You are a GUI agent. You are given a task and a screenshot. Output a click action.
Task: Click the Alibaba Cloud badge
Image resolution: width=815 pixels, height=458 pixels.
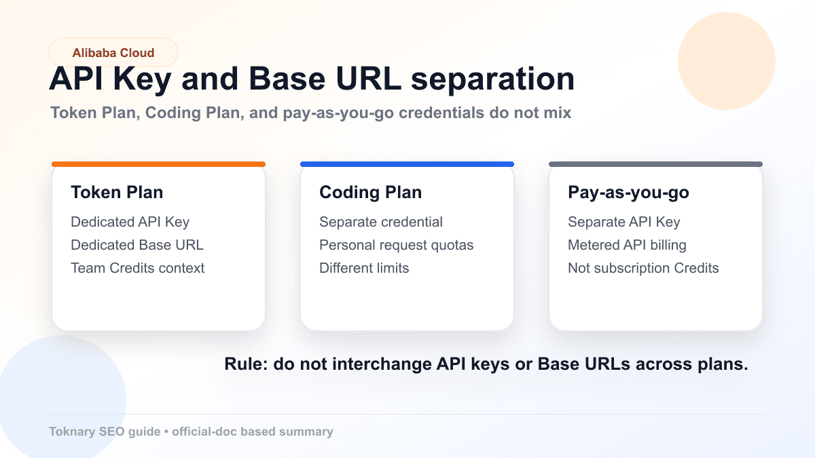point(113,52)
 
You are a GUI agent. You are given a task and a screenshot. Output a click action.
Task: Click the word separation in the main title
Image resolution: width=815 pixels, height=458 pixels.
point(493,79)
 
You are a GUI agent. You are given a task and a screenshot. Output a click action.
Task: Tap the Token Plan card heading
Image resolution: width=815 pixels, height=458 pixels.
point(117,192)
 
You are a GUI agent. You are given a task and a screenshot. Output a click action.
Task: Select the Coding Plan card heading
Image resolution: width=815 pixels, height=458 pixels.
point(370,192)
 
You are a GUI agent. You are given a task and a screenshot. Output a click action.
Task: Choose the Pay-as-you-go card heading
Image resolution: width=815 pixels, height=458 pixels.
point(628,192)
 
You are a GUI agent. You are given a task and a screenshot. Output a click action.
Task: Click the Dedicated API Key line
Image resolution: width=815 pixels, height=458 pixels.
point(130,222)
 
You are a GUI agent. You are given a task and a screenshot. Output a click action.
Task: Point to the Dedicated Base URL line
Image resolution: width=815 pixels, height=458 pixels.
point(137,245)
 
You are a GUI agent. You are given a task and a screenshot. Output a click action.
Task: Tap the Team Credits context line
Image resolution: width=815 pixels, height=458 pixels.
point(137,268)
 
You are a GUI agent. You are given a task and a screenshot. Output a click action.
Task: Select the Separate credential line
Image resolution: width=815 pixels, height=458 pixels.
point(380,222)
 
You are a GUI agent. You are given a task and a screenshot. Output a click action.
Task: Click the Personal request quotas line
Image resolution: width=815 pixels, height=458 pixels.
point(396,245)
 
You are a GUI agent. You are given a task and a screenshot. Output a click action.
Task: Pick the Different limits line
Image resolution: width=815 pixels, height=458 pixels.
point(364,268)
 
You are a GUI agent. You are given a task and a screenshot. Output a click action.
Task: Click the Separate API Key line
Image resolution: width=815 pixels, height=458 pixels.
point(623,222)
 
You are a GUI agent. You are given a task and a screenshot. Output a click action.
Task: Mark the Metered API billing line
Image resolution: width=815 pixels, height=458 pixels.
point(627,245)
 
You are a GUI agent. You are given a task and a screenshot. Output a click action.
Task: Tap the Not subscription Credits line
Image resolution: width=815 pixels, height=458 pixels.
point(643,268)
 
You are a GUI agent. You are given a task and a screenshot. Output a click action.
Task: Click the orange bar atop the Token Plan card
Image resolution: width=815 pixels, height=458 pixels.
point(158,164)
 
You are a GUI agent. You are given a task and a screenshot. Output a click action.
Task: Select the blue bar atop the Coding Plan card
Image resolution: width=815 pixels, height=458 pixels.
point(407,164)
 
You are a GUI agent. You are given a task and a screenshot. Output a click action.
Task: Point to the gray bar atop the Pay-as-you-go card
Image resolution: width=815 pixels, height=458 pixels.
point(655,164)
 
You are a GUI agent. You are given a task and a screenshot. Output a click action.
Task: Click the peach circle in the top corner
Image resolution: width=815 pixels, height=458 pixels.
point(726,61)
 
